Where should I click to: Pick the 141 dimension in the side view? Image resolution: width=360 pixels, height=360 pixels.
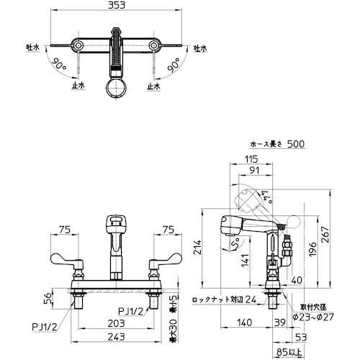click(x=246, y=258)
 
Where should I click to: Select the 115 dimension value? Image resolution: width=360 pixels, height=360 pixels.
click(x=251, y=159)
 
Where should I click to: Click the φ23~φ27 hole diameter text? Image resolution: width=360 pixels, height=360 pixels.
click(x=315, y=315)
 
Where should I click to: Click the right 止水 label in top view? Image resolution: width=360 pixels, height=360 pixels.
click(x=153, y=85)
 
